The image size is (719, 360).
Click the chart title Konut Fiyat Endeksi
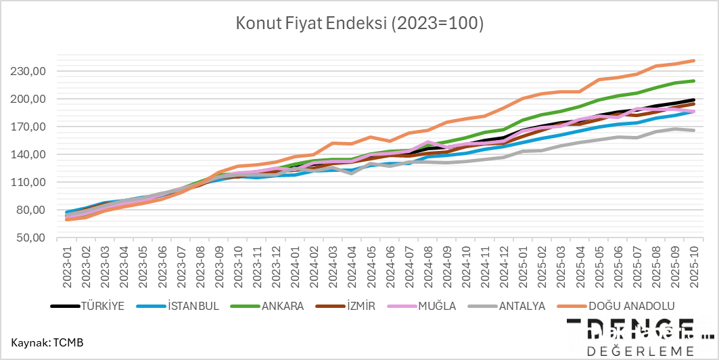click(359, 24)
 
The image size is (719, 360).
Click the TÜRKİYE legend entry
click(87, 306)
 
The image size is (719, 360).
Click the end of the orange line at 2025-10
click(694, 61)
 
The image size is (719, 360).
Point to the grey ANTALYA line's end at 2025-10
click(694, 130)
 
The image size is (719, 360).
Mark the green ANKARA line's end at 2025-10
click(694, 81)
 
